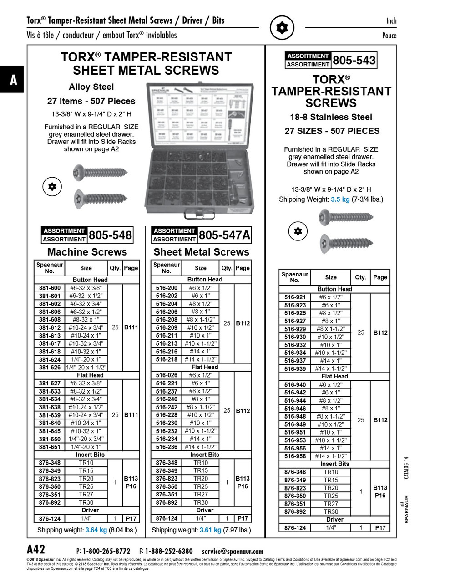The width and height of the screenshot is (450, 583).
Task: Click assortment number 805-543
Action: click(x=354, y=60)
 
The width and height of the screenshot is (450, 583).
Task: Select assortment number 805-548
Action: click(x=110, y=235)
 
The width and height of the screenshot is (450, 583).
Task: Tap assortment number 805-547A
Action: click(x=224, y=235)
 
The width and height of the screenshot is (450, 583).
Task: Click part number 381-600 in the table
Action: click(x=50, y=288)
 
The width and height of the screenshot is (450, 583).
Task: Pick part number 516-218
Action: click(x=167, y=359)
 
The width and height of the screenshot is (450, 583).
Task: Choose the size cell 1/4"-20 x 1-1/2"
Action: click(x=86, y=367)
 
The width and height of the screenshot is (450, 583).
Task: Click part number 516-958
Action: click(x=295, y=456)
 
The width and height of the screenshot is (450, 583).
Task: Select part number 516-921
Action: click(x=295, y=297)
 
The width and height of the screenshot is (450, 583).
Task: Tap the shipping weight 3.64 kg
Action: click(x=96, y=530)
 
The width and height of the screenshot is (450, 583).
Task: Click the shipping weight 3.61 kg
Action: click(x=210, y=530)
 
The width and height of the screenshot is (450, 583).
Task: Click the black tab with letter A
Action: click(x=13, y=80)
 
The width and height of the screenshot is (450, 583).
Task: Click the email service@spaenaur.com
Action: click(x=233, y=551)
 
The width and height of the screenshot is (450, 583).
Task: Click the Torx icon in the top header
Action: click(x=282, y=28)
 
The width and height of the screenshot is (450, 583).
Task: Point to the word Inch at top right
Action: click(x=391, y=21)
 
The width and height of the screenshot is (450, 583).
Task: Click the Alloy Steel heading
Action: click(x=91, y=87)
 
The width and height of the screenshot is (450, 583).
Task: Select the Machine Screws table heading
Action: click(x=87, y=252)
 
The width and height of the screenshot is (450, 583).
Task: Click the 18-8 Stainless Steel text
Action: click(x=331, y=117)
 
